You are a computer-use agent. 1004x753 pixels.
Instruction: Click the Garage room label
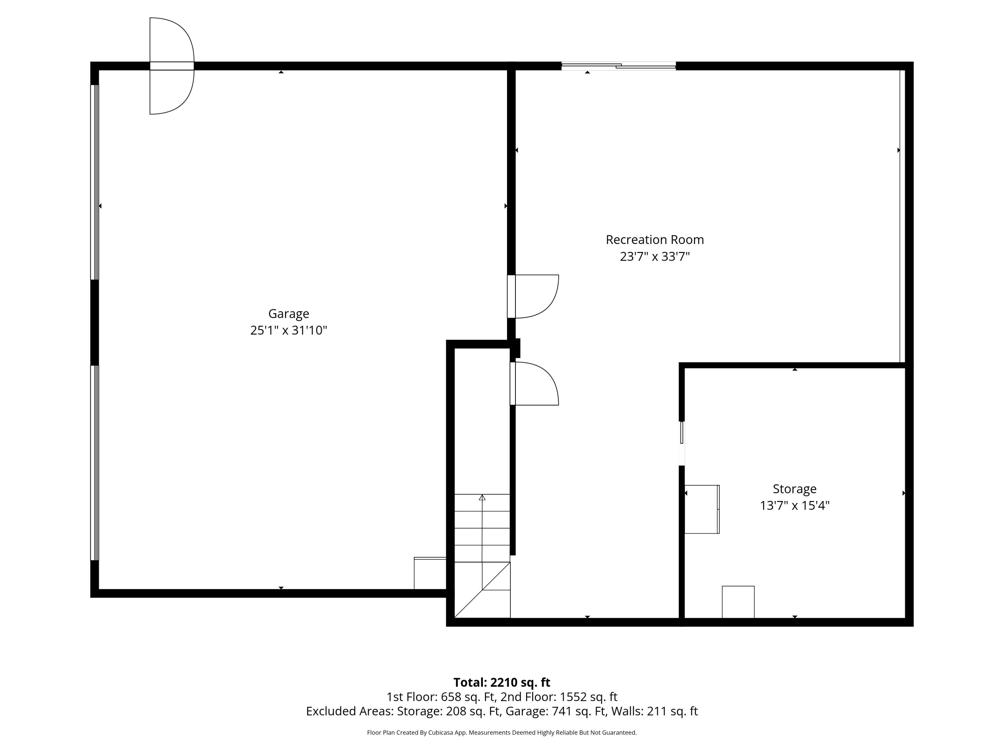(289, 314)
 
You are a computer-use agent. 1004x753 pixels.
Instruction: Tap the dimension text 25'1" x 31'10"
(289, 330)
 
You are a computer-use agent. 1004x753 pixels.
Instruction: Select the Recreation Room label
(655, 240)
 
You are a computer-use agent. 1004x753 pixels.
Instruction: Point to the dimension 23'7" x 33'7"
(655, 256)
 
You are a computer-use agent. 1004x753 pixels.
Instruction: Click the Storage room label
(794, 489)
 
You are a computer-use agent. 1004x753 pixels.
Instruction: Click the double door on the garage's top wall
(172, 66)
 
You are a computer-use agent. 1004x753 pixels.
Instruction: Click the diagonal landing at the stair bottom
(482, 590)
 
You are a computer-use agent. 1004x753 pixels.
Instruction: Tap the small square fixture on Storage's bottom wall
(738, 602)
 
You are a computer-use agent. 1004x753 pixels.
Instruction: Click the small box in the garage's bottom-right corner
(430, 573)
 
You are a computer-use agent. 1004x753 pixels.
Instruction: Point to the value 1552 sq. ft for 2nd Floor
(589, 697)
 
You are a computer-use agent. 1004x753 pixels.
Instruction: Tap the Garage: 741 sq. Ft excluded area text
(556, 711)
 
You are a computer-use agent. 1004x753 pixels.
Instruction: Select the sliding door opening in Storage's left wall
(682, 443)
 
